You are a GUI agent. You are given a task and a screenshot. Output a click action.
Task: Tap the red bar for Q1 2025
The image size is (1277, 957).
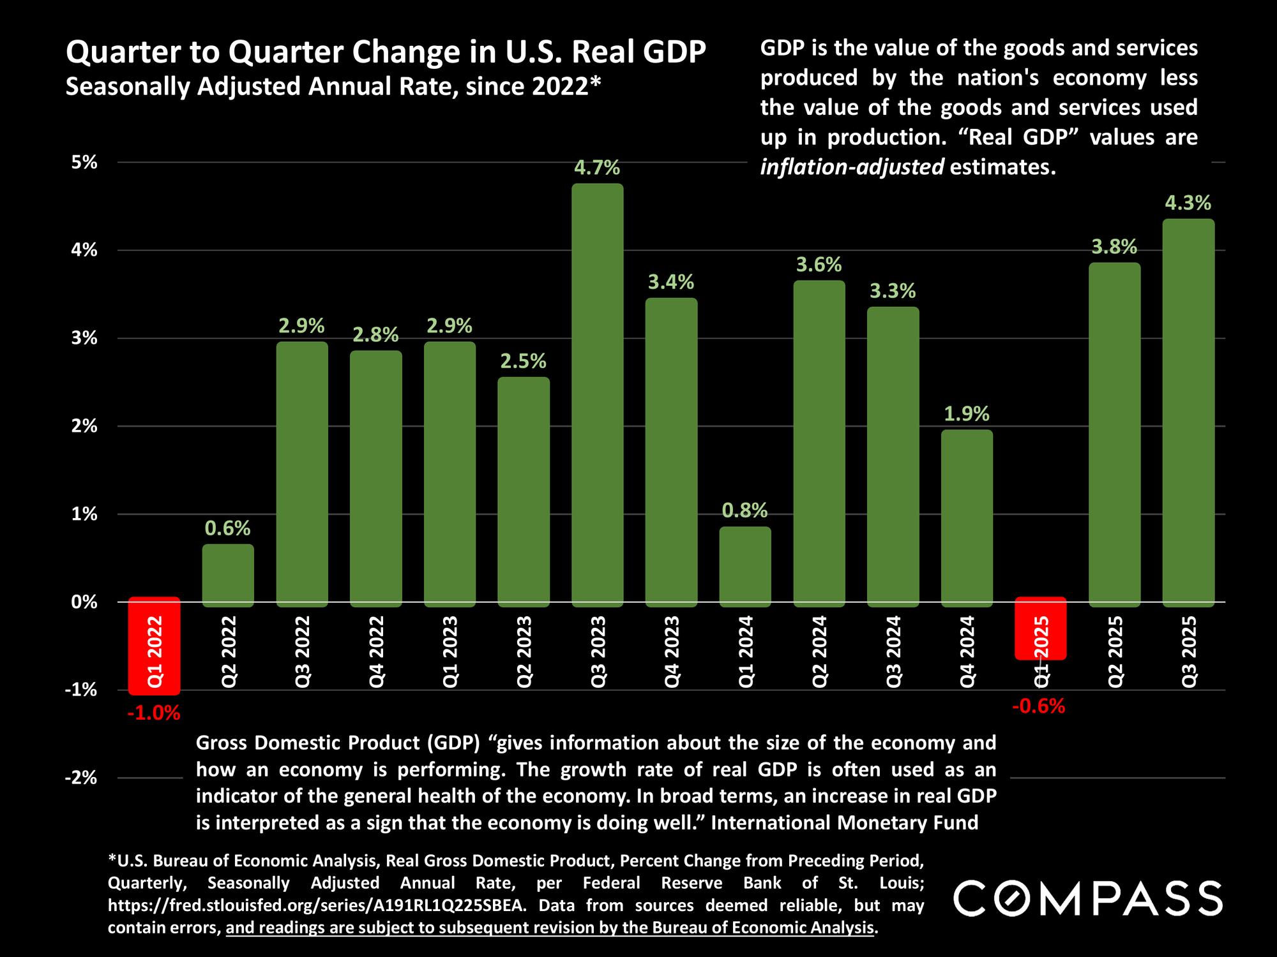[x=1040, y=628]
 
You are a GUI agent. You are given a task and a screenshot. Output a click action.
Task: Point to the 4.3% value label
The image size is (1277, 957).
[x=1188, y=204]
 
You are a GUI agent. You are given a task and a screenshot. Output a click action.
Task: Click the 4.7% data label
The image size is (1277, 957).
[x=597, y=168]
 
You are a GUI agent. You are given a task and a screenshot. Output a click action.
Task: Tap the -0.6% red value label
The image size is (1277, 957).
[x=1039, y=706]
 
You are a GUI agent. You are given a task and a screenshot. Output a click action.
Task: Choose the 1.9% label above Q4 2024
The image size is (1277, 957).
[x=967, y=415]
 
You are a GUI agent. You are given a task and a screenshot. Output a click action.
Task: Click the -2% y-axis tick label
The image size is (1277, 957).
[x=82, y=778]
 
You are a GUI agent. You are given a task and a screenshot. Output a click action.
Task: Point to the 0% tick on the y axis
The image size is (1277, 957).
[x=84, y=602]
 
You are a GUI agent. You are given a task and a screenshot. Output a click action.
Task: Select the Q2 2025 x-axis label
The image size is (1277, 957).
[x=1115, y=651]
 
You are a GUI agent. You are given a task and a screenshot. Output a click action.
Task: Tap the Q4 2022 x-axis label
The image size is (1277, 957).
[x=376, y=651]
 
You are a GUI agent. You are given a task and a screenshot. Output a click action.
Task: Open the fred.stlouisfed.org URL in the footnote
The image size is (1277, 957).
[x=317, y=905]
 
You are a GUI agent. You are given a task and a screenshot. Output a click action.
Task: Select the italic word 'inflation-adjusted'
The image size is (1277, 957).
[x=852, y=167]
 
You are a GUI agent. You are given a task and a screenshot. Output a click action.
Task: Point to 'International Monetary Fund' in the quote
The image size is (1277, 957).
[x=844, y=823]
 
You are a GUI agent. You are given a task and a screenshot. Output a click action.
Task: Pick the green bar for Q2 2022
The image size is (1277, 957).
[x=228, y=574]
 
